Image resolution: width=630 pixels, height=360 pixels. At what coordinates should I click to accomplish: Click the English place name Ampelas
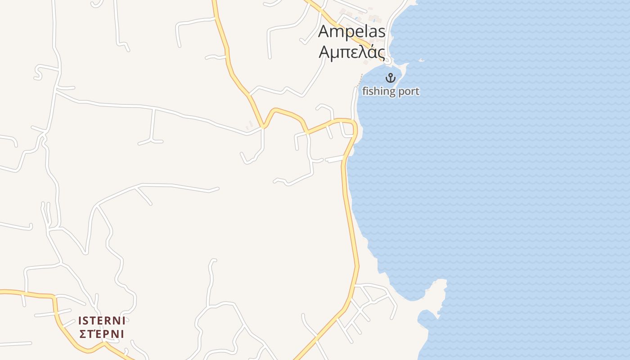tap(352, 31)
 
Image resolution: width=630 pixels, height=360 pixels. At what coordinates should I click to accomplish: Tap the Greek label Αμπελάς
tap(352, 52)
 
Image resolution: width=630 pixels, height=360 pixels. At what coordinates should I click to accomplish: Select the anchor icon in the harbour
tap(390, 78)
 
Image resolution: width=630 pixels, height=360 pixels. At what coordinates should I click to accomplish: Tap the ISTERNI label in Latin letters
tap(102, 321)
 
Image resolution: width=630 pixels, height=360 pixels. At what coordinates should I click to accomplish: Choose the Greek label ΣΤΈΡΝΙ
tap(102, 334)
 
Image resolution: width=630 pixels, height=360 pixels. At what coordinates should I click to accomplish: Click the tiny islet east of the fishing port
tap(421, 60)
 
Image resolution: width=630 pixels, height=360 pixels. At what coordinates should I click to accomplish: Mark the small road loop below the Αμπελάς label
tap(388, 60)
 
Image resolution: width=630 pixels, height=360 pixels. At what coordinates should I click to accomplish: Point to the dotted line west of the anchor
tap(360, 81)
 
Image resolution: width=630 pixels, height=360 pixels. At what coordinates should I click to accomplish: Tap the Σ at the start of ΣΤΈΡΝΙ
tap(82, 334)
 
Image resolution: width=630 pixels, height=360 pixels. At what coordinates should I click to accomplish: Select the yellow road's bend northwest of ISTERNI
tap(54, 297)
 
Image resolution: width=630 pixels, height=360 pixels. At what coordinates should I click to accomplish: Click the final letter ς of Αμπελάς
tap(381, 53)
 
